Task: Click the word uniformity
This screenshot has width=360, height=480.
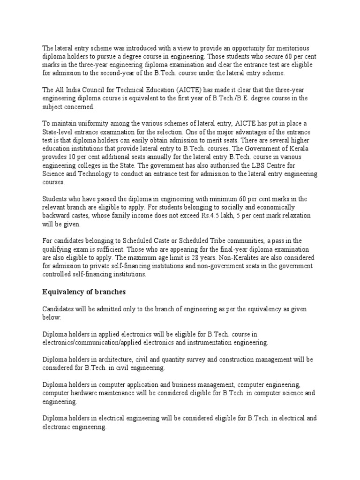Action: click(85, 123)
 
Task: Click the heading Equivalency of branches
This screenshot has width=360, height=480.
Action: click(84, 292)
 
